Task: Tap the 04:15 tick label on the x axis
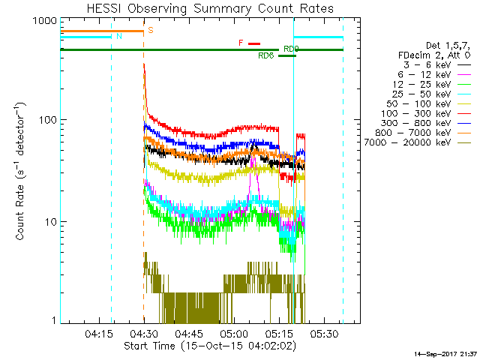click(99, 332)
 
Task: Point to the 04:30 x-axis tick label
click(143, 332)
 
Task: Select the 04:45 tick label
click(189, 332)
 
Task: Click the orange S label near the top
click(151, 31)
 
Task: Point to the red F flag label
click(241, 43)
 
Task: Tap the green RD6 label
click(265, 56)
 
